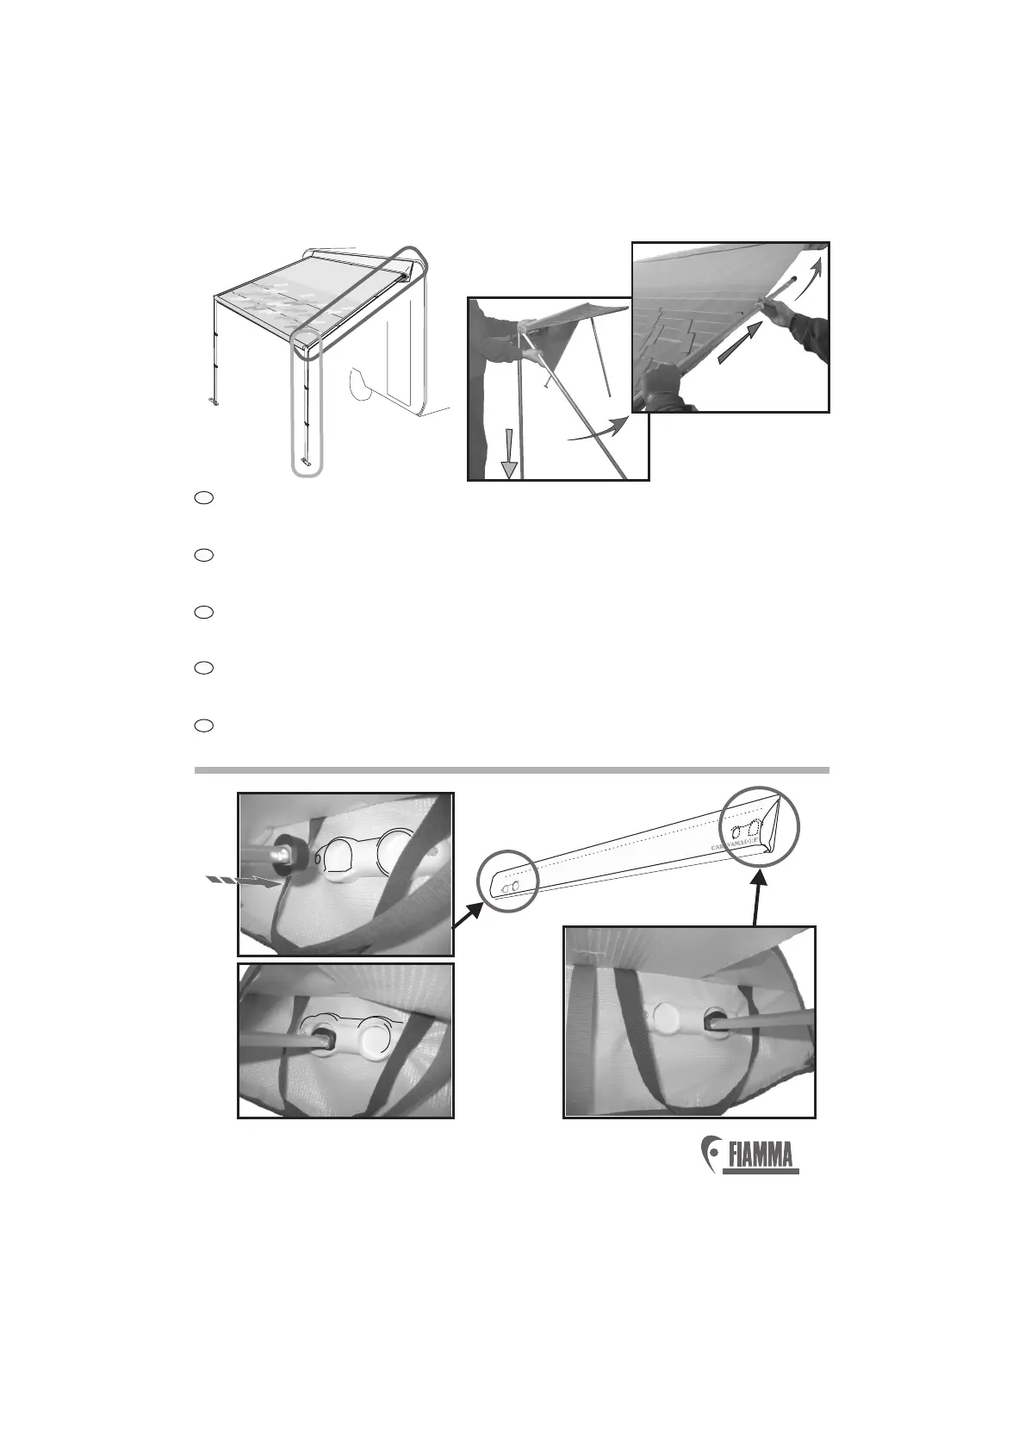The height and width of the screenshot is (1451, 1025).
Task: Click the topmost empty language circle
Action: (203, 498)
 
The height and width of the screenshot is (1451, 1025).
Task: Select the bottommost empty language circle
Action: (203, 725)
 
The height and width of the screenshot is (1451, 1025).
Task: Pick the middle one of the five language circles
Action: (203, 612)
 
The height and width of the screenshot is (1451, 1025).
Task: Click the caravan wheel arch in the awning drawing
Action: (362, 383)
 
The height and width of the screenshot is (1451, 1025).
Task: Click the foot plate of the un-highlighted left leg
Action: (213, 402)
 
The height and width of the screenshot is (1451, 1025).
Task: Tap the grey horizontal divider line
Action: (512, 770)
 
